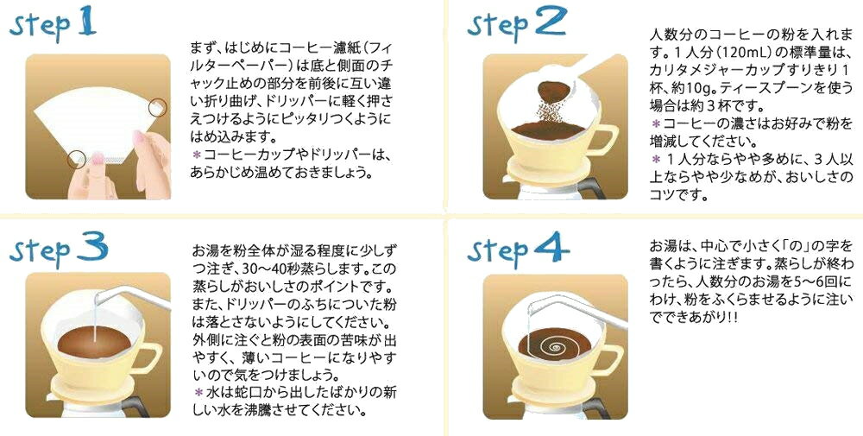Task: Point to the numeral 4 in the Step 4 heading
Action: pos(551,247)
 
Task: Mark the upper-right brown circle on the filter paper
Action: pos(158,106)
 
